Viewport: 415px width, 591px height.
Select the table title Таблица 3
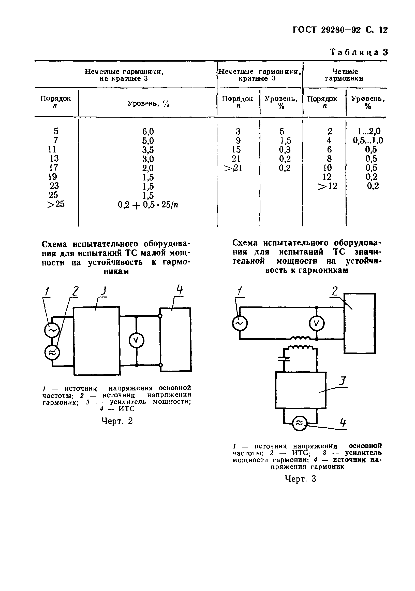pyautogui.click(x=359, y=52)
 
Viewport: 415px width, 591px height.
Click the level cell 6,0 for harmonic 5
pyautogui.click(x=148, y=132)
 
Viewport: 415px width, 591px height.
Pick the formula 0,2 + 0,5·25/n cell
pyautogui.click(x=148, y=205)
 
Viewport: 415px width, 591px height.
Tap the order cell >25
pyautogui.click(x=56, y=204)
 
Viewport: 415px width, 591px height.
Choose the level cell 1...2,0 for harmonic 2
pyautogui.click(x=369, y=132)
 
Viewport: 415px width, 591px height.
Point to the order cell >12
pyautogui.click(x=327, y=186)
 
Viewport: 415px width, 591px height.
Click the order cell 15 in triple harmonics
pyautogui.click(x=238, y=150)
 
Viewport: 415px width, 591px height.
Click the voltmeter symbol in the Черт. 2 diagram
pyautogui.click(x=136, y=341)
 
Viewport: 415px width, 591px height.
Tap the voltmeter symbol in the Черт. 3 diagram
pyautogui.click(x=317, y=324)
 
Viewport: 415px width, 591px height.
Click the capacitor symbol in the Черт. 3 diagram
pyautogui.click(x=284, y=359)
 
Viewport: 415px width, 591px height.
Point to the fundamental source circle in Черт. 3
pyautogui.click(x=240, y=323)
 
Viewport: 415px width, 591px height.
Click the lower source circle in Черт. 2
pyautogui.click(x=52, y=353)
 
